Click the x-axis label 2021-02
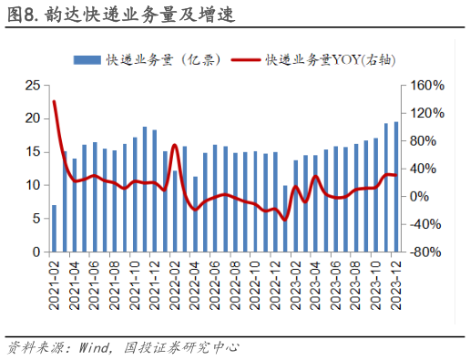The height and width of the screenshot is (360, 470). (55, 283)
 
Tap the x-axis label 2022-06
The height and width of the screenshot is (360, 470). (215, 283)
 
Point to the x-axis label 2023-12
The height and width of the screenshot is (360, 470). (395, 283)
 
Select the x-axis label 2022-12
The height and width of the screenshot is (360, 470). (275, 283)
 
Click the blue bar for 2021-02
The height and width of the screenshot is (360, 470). (55, 228)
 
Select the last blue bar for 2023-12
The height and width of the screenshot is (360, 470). (395, 187)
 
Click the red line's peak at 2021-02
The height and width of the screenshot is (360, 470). (55, 101)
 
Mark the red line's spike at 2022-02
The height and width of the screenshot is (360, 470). (175, 144)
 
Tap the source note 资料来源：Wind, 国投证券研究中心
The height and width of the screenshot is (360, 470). (123, 347)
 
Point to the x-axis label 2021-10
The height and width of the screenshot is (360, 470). (135, 283)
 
